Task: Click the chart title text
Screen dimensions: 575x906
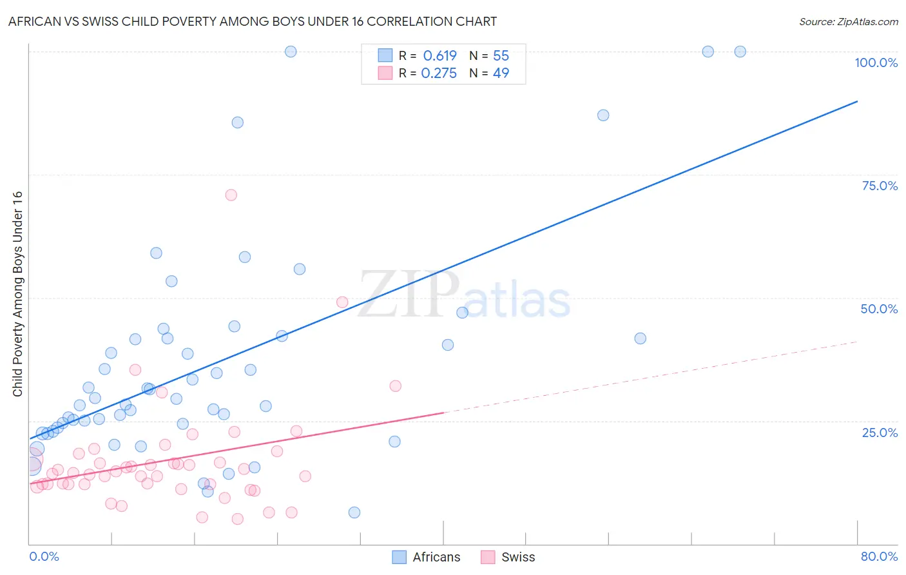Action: [252, 21]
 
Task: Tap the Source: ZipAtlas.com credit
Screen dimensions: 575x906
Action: [848, 21]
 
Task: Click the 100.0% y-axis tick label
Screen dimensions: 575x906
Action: [876, 63]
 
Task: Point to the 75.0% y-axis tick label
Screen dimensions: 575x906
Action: [880, 186]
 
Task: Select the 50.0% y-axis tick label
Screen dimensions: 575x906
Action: [879, 309]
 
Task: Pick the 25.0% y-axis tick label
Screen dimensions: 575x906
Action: [880, 432]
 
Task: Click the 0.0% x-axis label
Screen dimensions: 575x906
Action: [44, 556]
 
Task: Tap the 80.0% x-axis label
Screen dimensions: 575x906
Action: [879, 556]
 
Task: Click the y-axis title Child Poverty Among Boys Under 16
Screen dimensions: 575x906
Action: [17, 294]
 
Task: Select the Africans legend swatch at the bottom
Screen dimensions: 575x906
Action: [400, 557]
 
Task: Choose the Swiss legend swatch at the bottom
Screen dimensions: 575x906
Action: [488, 557]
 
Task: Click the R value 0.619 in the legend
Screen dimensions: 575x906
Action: [439, 55]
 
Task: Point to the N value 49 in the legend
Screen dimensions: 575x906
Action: [501, 73]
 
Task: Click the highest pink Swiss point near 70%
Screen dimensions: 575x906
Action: [231, 195]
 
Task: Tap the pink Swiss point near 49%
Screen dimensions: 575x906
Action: [342, 302]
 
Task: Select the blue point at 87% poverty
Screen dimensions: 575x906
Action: [603, 115]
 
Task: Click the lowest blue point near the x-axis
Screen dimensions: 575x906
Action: [354, 512]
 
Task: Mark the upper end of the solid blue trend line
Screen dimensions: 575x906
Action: [857, 101]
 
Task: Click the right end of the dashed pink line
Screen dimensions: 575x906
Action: [857, 342]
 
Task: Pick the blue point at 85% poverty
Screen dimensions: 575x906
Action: [238, 122]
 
